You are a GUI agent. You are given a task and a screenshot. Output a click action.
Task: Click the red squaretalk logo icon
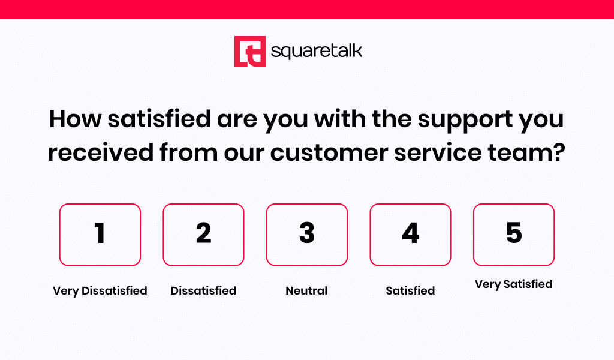(250, 52)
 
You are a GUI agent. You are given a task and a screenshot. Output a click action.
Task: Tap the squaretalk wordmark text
(317, 52)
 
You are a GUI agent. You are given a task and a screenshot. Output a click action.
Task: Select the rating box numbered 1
(100, 235)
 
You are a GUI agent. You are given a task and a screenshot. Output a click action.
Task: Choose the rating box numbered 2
(203, 235)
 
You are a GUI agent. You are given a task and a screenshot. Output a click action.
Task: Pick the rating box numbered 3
(306, 235)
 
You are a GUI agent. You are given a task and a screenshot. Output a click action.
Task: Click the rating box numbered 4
(410, 235)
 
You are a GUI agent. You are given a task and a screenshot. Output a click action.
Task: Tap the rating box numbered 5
(513, 235)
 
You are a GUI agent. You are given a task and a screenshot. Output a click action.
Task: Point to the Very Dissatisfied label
(100, 291)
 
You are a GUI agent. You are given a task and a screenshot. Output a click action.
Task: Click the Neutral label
(306, 290)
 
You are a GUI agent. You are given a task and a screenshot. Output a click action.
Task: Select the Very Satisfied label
(513, 284)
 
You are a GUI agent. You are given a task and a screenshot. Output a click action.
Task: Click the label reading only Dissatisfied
(203, 290)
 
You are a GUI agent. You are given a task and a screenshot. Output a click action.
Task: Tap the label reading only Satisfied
(410, 290)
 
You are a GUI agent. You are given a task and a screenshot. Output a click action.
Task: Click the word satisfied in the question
(159, 119)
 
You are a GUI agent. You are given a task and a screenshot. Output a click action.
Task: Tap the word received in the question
(101, 152)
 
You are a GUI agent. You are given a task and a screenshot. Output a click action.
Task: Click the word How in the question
(75, 119)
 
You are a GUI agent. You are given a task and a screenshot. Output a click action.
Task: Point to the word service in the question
(437, 152)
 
